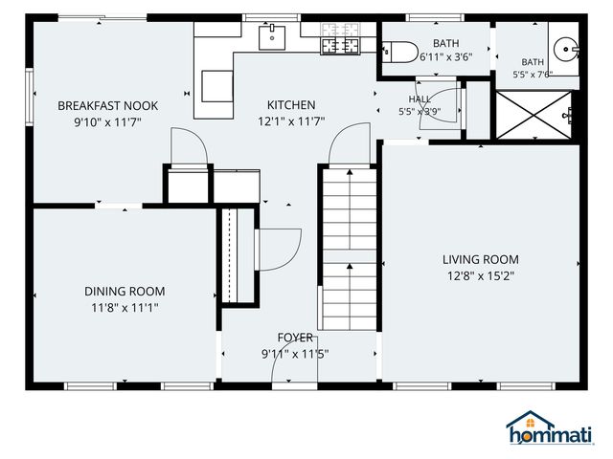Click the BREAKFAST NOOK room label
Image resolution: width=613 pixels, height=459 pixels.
click(108, 106)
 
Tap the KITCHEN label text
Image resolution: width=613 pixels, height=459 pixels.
click(291, 105)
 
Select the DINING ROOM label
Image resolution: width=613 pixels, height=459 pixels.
click(125, 292)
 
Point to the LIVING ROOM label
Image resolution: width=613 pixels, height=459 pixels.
click(481, 259)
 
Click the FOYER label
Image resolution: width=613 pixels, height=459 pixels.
click(295, 338)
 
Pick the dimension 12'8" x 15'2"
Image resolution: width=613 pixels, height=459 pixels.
click(481, 276)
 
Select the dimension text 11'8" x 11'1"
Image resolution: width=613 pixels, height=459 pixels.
click(125, 308)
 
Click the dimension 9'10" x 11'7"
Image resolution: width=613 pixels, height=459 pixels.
click(107, 122)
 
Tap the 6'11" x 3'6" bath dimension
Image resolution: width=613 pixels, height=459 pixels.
click(446, 57)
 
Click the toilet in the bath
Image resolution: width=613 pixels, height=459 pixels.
click(400, 52)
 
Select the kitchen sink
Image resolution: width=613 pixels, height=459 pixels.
click(272, 37)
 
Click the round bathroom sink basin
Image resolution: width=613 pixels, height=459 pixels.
click(564, 49)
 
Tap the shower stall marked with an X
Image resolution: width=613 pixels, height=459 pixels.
click(534, 115)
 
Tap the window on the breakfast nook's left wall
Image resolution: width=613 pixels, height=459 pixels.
click(30, 97)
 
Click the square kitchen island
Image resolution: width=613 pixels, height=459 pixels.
click(217, 86)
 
